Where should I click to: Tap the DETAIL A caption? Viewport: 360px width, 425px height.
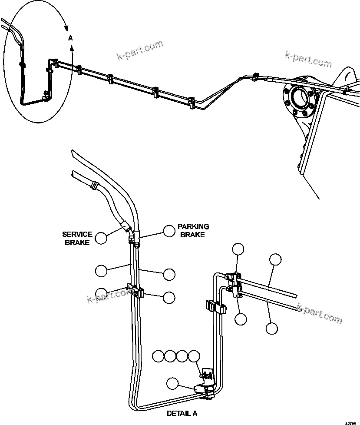point(182,414)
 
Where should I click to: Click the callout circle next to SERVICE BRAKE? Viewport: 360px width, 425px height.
point(101,238)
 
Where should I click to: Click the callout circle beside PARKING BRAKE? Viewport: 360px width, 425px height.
point(169,231)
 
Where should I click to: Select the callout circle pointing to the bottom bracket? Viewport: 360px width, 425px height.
point(172,383)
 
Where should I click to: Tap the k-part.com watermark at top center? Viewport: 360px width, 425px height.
point(140,50)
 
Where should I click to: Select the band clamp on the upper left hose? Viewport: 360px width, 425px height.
point(92,186)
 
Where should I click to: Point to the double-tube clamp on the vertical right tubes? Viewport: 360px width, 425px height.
point(215,307)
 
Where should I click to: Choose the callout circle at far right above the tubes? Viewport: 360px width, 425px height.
point(275,259)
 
